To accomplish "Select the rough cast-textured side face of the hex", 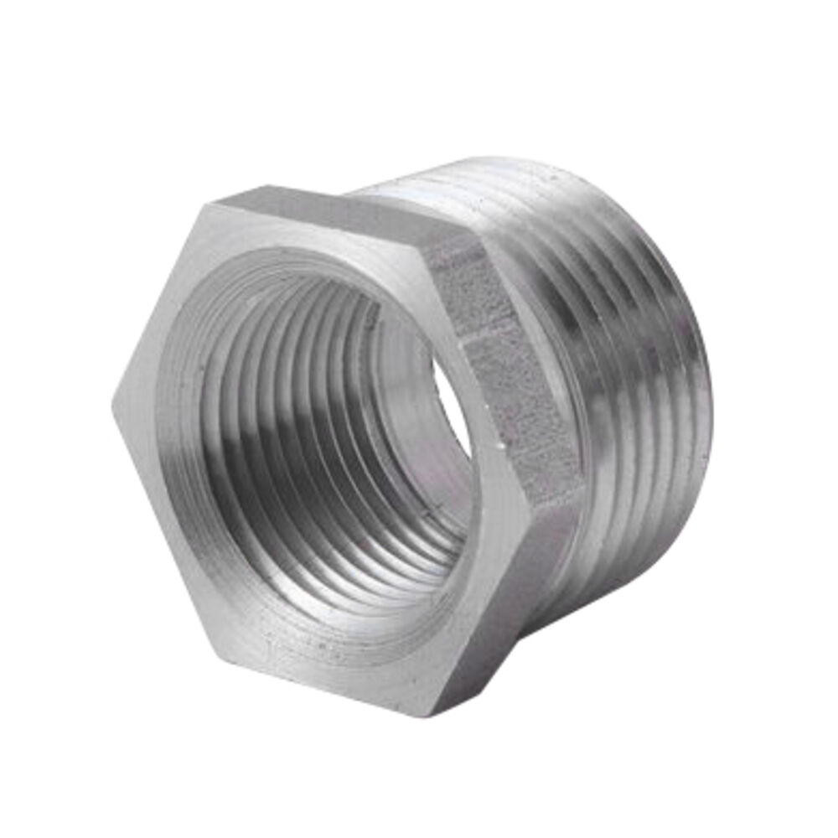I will point(503,369).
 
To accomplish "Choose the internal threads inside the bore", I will point(277,402).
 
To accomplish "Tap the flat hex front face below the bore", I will point(335,654).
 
